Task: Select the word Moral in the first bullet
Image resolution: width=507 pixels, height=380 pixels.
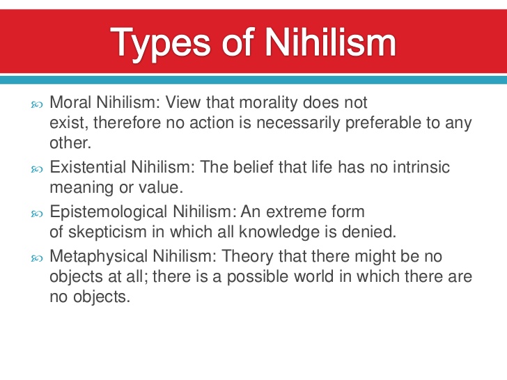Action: (69, 104)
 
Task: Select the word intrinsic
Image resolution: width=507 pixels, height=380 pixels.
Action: (415, 168)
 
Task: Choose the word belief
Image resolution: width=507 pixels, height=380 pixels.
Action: (254, 168)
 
